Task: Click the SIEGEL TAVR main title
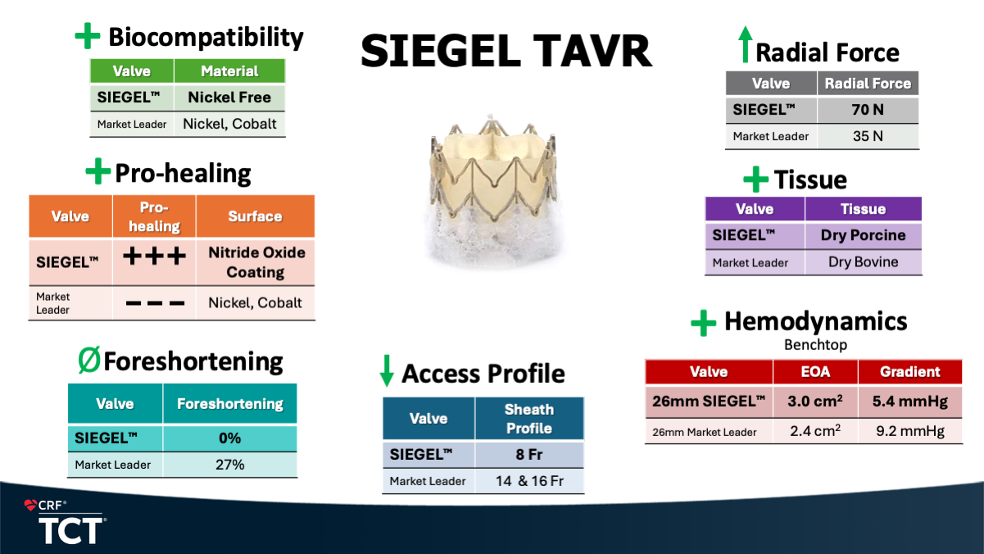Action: click(x=506, y=52)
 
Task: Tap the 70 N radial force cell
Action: click(x=868, y=109)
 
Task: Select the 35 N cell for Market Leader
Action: click(x=868, y=136)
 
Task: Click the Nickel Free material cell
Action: click(x=229, y=97)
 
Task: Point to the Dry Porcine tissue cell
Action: click(x=864, y=235)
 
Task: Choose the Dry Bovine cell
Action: click(x=864, y=262)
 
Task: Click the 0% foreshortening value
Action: click(x=229, y=438)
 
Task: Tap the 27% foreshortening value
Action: click(x=229, y=465)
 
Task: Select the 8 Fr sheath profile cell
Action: click(x=529, y=454)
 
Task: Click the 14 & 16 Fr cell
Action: click(x=529, y=481)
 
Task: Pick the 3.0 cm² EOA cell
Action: click(x=815, y=401)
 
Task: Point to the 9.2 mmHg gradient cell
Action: click(x=910, y=431)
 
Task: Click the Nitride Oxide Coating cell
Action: click(x=256, y=262)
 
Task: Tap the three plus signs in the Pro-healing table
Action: click(x=154, y=256)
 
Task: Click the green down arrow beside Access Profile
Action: click(x=387, y=370)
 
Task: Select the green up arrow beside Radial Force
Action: click(x=745, y=44)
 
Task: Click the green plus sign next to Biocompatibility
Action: click(x=88, y=35)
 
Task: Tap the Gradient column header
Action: click(x=910, y=372)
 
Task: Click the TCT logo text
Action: click(x=70, y=531)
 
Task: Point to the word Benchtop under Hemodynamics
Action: click(x=816, y=345)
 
